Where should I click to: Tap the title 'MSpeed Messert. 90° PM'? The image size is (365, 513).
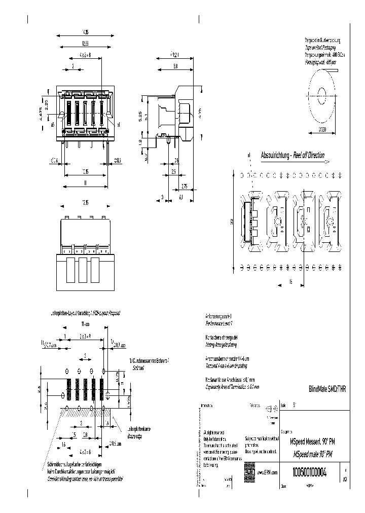click(x=311, y=442)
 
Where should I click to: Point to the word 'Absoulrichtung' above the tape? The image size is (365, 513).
click(x=275, y=156)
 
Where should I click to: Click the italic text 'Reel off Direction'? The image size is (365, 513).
click(x=308, y=156)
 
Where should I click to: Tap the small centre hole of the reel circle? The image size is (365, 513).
click(x=322, y=95)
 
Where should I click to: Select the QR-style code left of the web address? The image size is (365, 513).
click(x=249, y=470)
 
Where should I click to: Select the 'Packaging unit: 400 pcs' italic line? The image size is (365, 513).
click(x=321, y=62)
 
